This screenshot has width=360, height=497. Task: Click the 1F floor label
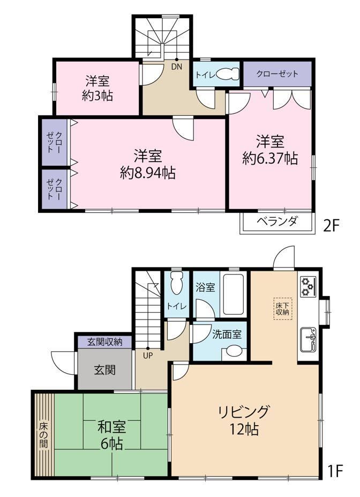[335, 471]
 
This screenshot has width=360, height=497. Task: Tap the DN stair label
[176, 66]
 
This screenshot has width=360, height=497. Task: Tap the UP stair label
[148, 355]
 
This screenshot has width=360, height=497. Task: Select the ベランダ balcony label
[277, 221]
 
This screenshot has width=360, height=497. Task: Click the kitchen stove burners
[307, 287]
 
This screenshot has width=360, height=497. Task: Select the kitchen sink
[309, 339]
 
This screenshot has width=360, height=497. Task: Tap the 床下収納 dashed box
[282, 308]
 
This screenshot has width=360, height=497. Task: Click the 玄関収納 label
[105, 342]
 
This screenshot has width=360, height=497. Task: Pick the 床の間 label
[44, 434]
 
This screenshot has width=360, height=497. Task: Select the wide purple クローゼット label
[277, 74]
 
